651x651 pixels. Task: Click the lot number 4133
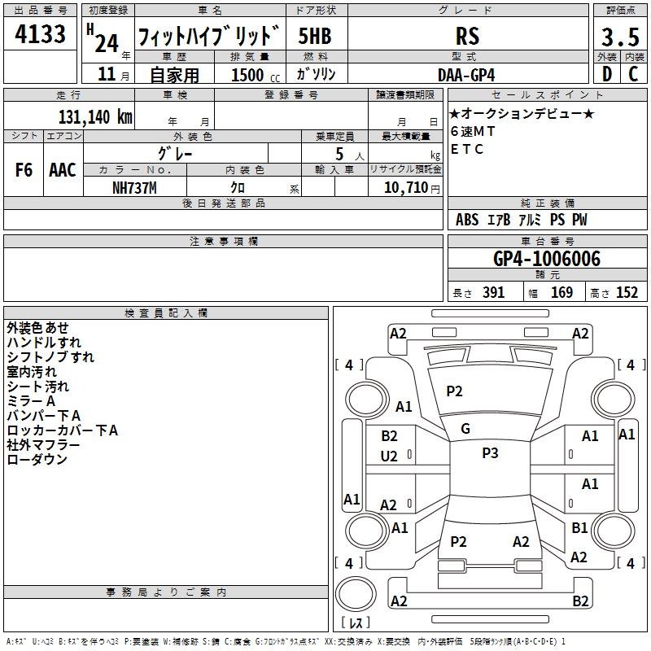click(40, 36)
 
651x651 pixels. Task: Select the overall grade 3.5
click(619, 37)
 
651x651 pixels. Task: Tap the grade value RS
click(466, 36)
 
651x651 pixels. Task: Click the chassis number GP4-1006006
click(547, 259)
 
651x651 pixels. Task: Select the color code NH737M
click(134, 187)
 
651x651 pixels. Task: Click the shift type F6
click(24, 170)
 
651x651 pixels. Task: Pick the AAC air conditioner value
click(63, 170)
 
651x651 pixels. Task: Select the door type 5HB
click(314, 37)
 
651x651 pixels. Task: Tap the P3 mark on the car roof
click(490, 453)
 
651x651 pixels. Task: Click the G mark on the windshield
click(465, 428)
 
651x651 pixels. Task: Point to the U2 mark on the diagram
click(389, 457)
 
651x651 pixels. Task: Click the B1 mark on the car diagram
click(579, 528)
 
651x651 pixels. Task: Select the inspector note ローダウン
click(37, 460)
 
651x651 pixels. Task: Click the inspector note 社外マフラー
click(43, 445)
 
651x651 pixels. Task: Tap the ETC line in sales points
click(467, 149)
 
